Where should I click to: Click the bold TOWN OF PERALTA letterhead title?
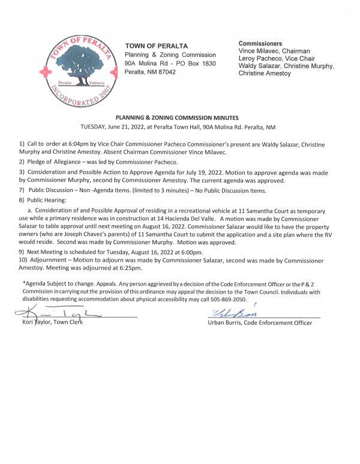coord(156,46)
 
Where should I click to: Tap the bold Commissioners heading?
coord(260,44)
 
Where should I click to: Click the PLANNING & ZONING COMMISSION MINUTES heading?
coord(181,118)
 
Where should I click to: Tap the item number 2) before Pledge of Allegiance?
coord(23,162)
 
